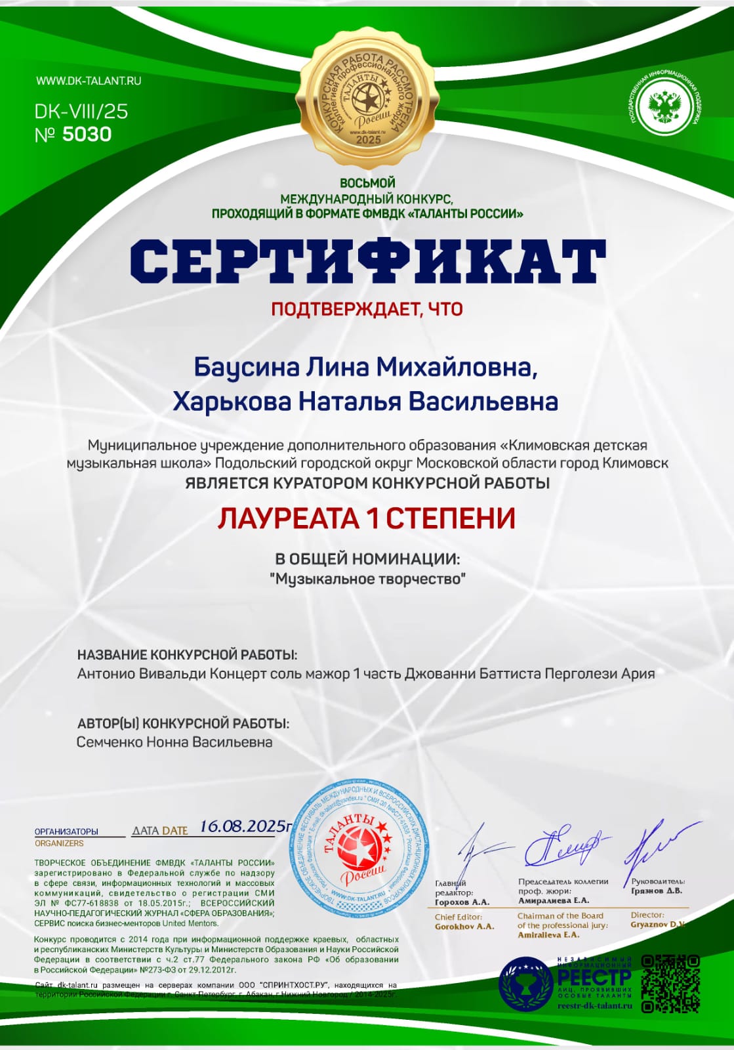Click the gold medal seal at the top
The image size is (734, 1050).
(367, 97)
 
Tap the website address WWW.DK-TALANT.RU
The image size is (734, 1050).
(89, 81)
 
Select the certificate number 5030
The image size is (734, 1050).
(87, 135)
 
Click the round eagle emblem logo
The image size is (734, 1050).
(664, 105)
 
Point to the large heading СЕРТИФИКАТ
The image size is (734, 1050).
(367, 261)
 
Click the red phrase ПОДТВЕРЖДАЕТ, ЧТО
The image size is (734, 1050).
(367, 309)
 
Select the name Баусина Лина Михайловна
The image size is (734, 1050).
(365, 367)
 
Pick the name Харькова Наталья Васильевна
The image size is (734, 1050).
(365, 402)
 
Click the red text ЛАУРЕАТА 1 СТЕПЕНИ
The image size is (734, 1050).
(367, 519)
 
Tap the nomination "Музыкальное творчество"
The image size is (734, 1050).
(367, 579)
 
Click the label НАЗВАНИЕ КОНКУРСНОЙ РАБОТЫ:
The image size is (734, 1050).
(188, 655)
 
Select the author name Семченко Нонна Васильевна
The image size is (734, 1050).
(174, 742)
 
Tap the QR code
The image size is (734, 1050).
(670, 983)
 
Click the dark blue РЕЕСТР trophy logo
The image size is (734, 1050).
(525, 983)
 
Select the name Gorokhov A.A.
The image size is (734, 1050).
(464, 927)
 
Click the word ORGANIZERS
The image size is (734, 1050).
(59, 843)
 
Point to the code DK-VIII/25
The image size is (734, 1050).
(81, 112)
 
